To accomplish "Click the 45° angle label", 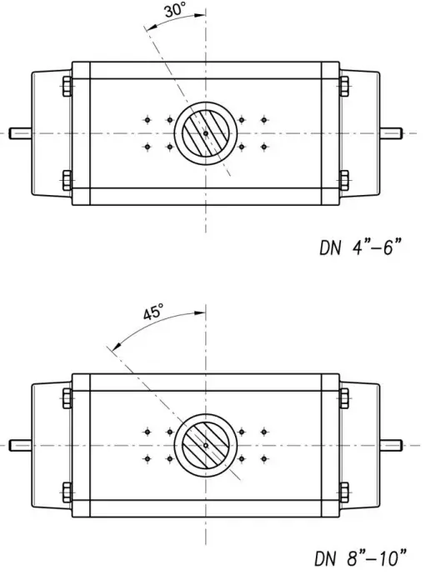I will tap(153, 314).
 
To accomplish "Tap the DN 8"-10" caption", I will tap(361, 555).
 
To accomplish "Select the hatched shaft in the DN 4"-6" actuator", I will tap(205, 133).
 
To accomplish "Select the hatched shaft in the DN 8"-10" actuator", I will tap(205, 443).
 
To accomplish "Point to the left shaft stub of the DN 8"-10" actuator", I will tap(20, 444).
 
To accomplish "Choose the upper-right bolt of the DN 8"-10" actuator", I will tap(343, 397).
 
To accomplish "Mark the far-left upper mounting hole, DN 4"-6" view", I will tap(147, 120).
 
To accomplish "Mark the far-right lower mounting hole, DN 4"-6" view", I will tap(264, 147).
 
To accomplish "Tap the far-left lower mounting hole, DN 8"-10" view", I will tap(147, 457).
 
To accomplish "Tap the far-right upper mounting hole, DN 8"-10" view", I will tap(264, 431).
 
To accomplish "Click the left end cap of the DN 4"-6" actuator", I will tap(50, 133).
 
